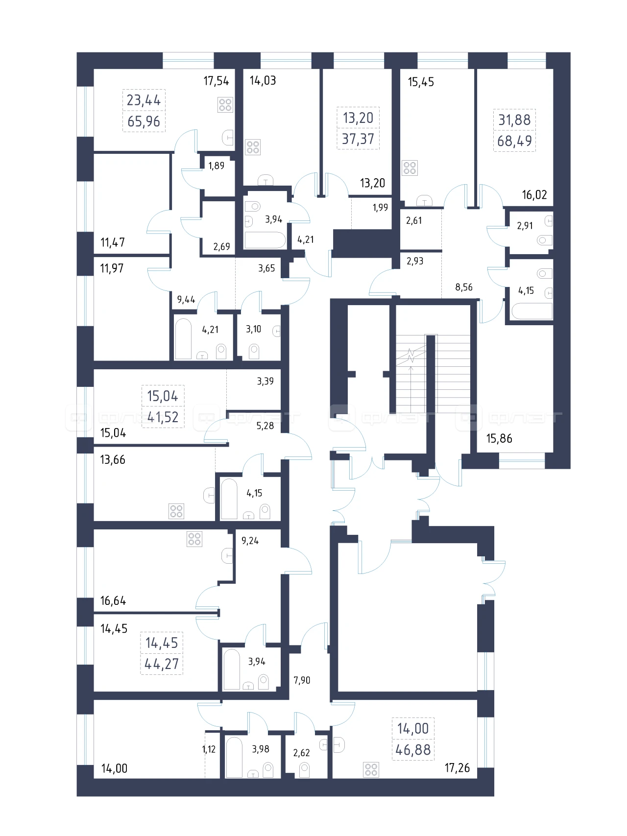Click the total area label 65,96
pos(144,121)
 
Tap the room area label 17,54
pos(216,81)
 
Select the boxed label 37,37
pos(358,139)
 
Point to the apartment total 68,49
pos(514,141)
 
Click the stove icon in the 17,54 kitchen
pos(225,105)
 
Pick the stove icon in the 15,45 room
pos(410,168)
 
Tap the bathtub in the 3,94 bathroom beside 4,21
pos(265,240)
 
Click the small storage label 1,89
pos(216,166)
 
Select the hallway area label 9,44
pos(186,299)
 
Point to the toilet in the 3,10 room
pos(254,351)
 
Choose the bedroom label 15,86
pos(499,438)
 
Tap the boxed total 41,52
pos(163,417)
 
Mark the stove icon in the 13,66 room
pos(176,511)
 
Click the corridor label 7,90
pos(302,680)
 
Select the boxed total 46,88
pos(413,750)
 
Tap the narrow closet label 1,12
pos(209,749)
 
